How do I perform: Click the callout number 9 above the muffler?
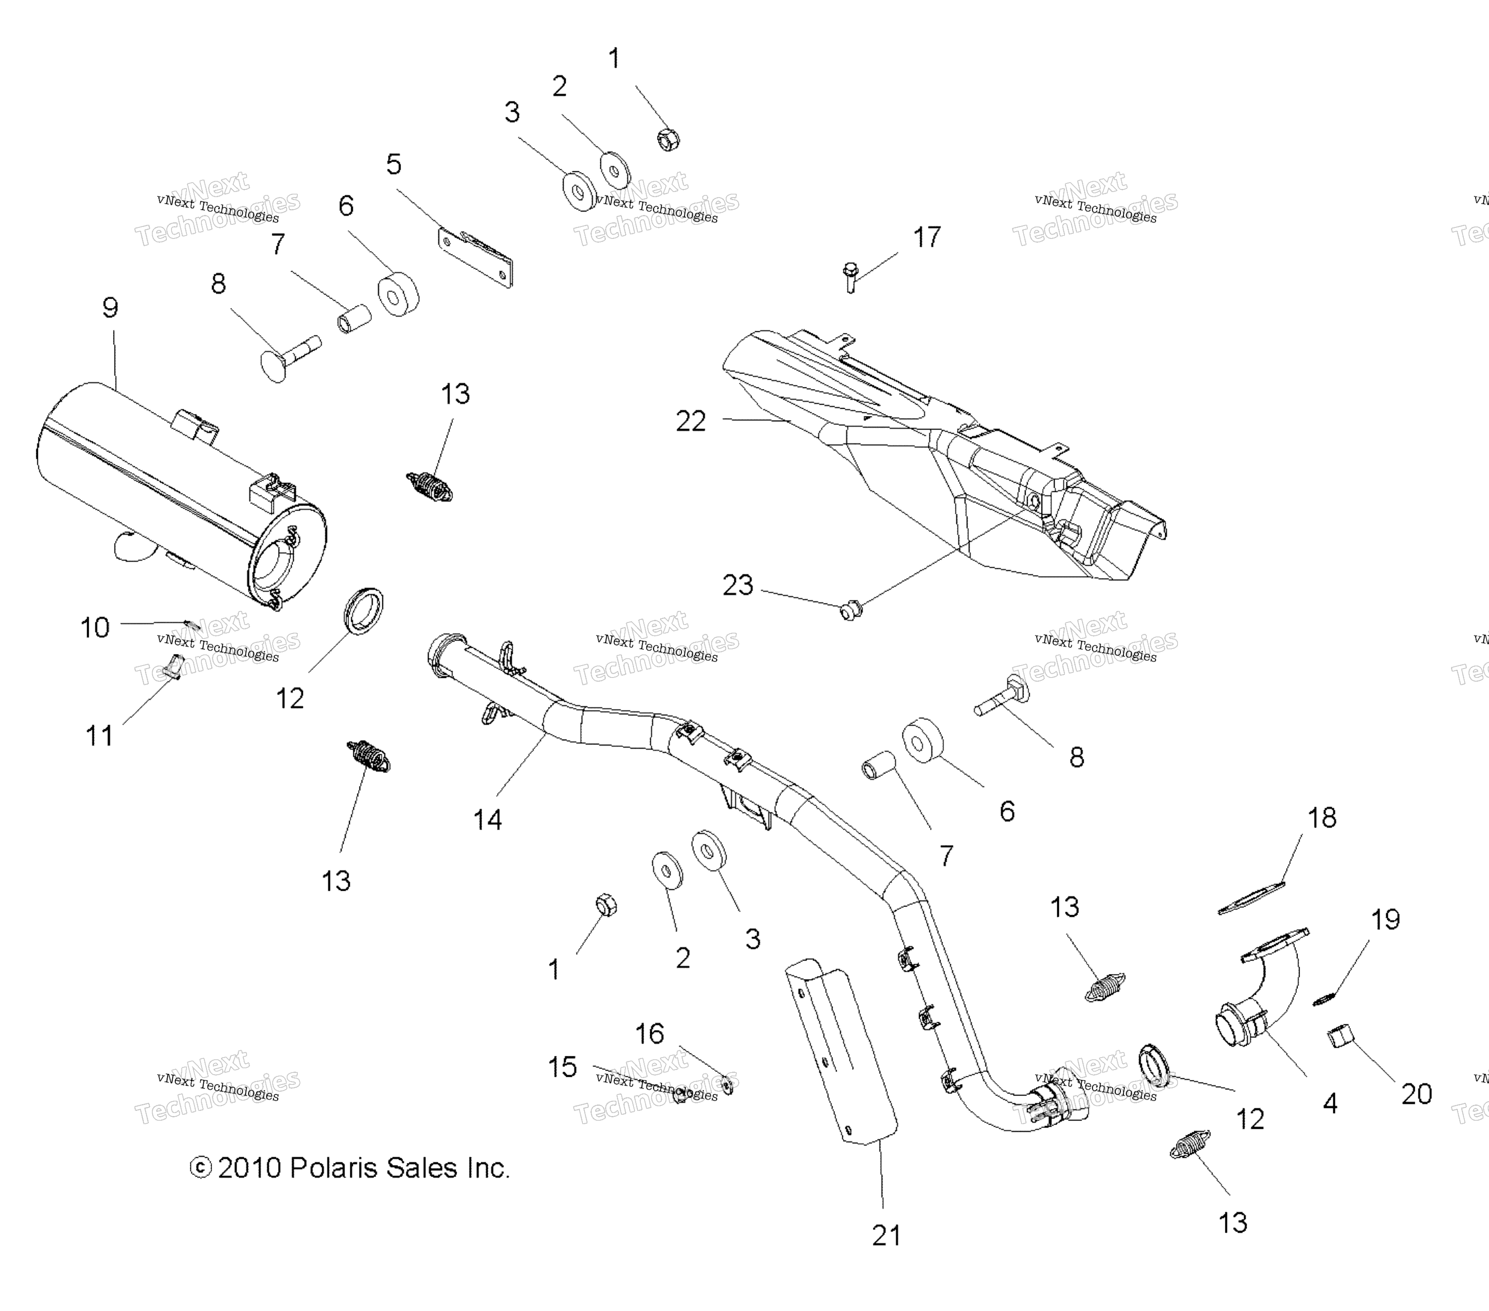coord(110,308)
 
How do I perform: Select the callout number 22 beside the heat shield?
coord(691,421)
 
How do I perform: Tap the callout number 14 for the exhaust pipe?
coord(487,820)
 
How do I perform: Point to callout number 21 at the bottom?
coord(887,1236)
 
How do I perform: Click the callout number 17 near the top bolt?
coord(927,238)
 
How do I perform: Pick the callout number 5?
coord(393,165)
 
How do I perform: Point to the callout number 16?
coord(650,1034)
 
